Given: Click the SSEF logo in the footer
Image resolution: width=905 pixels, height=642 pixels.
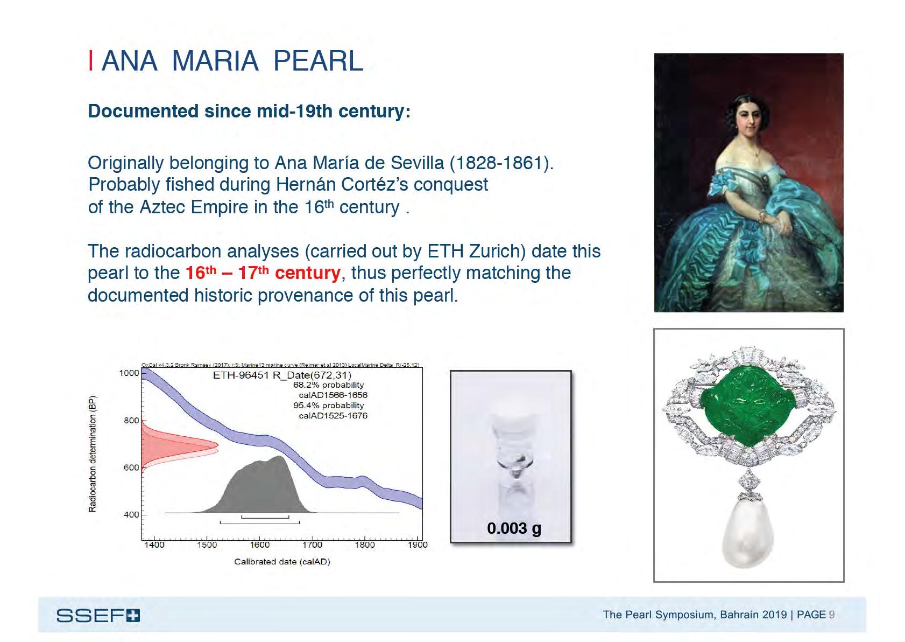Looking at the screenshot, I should tap(98, 615).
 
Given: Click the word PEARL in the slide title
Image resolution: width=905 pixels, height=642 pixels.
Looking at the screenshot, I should tap(318, 61).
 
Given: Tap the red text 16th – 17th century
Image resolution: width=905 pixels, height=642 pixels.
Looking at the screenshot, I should tap(263, 273).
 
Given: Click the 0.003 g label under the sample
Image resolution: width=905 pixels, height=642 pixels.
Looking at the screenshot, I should tap(514, 528).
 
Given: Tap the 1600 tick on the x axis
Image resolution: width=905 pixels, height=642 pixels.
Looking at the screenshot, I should tap(259, 545).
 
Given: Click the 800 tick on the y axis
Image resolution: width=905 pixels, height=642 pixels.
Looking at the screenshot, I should tap(131, 420).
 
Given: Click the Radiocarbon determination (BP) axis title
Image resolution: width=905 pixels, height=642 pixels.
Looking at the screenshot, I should tap(93, 453).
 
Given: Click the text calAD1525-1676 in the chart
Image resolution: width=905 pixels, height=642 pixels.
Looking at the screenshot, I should tap(333, 415).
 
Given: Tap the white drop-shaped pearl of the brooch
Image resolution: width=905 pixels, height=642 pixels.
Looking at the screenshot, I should tap(749, 533).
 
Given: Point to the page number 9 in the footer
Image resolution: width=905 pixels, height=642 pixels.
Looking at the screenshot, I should tap(832, 615).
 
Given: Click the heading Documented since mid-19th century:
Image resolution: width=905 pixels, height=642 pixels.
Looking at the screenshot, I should tap(249, 111).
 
